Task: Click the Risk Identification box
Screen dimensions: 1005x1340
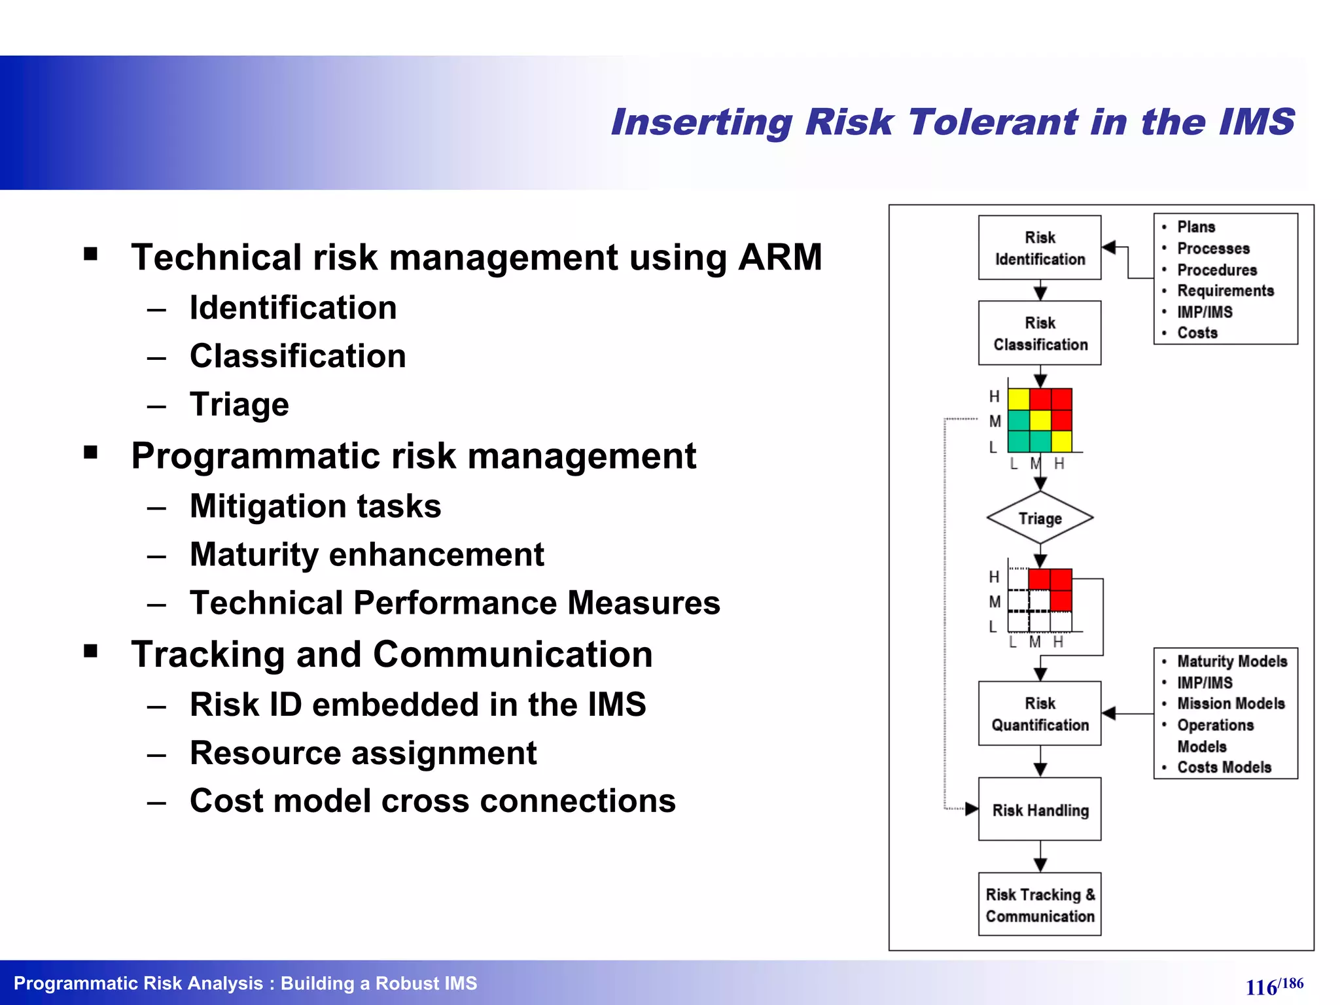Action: coord(1040,248)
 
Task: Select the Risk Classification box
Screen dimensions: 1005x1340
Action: coord(1040,333)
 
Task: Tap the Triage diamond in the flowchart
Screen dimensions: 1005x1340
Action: coord(1040,518)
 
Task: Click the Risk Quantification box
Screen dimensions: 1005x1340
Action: coord(1040,714)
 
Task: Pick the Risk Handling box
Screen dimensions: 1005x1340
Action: coord(1040,810)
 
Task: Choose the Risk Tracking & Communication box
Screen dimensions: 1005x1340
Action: coord(1040,905)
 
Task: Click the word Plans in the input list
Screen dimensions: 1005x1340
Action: coord(1196,227)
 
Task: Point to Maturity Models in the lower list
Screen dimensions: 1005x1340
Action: coord(1232,661)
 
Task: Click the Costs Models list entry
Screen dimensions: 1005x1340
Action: coord(1224,767)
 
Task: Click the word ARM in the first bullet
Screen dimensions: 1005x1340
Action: coord(780,257)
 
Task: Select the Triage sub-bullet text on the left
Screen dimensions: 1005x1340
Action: coord(239,404)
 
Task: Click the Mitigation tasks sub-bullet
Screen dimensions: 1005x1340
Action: coord(315,506)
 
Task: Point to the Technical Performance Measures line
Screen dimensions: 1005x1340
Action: coord(455,603)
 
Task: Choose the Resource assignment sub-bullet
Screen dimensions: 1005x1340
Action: coord(363,753)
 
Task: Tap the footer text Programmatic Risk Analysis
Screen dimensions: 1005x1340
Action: coord(138,983)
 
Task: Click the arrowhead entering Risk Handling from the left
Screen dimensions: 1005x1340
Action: coord(972,809)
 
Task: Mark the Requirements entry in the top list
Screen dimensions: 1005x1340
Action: coord(1225,291)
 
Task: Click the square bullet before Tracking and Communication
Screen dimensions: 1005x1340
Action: coord(91,651)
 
